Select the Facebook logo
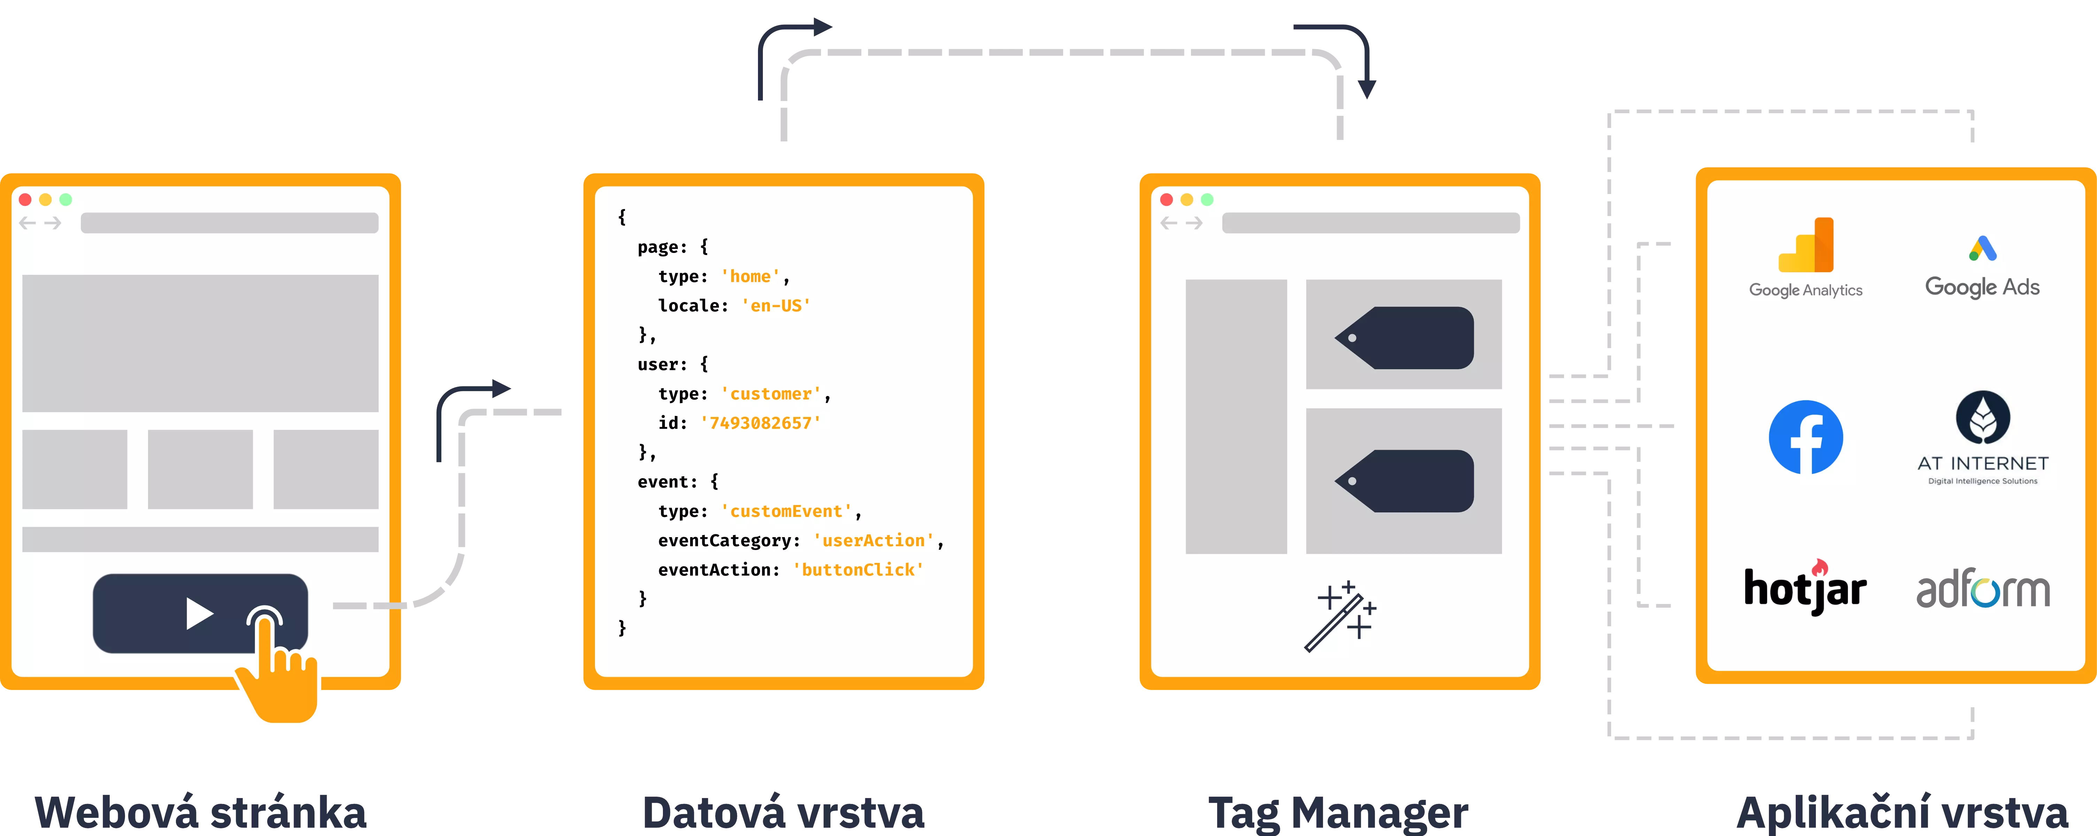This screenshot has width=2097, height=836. tap(1805, 437)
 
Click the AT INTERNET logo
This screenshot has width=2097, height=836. tap(1983, 438)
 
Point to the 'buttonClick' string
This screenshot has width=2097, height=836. tap(858, 570)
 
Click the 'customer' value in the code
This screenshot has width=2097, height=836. tap(771, 394)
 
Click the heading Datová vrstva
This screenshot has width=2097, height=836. tap(783, 812)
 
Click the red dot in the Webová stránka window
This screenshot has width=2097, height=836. tap(25, 200)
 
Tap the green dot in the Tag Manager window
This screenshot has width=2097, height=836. tap(1207, 200)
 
